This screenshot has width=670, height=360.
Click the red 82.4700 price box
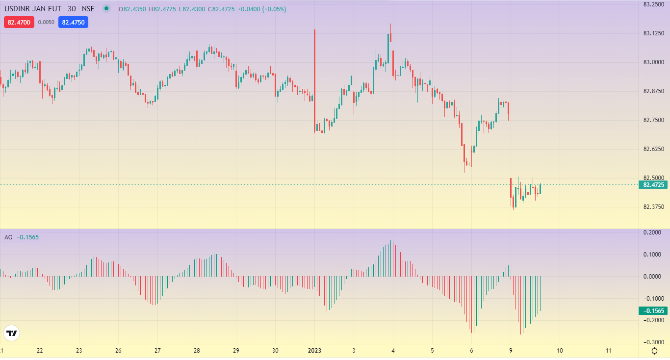tap(19, 22)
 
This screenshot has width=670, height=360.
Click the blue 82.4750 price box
tap(73, 22)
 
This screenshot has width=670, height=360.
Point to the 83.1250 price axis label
tap(653, 33)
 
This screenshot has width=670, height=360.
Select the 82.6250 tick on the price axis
tap(653, 149)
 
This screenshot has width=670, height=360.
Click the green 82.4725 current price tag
tap(653, 185)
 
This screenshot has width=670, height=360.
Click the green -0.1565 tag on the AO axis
tap(653, 311)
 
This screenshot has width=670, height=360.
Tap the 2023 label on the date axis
tap(314, 351)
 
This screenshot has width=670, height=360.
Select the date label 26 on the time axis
tap(118, 351)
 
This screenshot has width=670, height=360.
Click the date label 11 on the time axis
tap(609, 351)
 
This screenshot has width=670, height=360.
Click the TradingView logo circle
tap(11, 334)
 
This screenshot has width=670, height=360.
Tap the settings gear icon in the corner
tap(654, 351)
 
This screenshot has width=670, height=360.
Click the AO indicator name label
tap(8, 237)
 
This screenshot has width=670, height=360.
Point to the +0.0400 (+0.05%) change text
tap(261, 9)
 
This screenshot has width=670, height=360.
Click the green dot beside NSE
tap(106, 8)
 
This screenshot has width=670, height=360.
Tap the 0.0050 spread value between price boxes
tap(46, 22)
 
